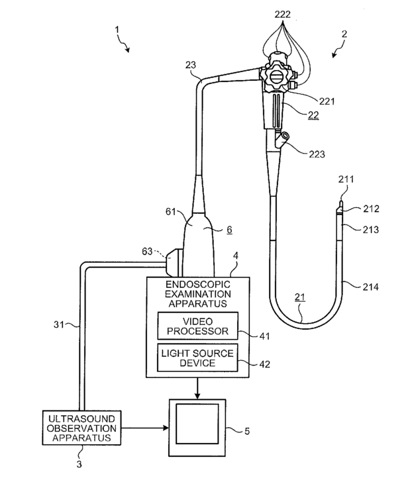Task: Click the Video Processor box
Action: (198, 326)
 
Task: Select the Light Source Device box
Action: (198, 358)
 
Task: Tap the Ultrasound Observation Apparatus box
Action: (81, 428)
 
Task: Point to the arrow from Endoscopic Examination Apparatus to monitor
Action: (197, 388)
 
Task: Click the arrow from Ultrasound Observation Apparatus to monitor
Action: (145, 428)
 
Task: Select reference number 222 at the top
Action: (282, 15)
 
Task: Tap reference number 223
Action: (317, 154)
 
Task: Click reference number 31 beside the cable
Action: (59, 324)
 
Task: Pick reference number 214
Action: (371, 287)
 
